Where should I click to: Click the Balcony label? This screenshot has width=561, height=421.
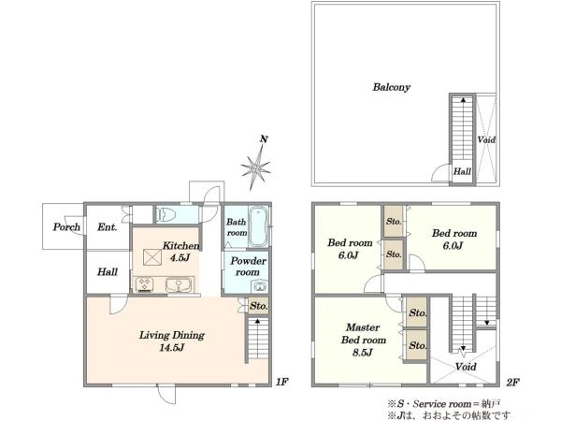coord(392,87)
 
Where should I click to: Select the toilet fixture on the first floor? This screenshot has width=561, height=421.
coord(166,214)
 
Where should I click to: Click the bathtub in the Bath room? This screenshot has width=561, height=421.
coord(258,225)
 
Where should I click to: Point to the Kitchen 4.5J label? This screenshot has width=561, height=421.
coord(180,252)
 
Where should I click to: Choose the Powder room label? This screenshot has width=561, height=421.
coord(248,267)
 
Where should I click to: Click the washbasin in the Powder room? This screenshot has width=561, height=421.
coord(259,286)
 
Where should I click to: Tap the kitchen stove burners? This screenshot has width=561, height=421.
coord(145,285)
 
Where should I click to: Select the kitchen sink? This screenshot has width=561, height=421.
coord(179,285)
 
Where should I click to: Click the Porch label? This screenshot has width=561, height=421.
coord(66,226)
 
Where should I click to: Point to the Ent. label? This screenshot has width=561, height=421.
coord(107,227)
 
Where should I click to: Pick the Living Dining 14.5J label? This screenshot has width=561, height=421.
coord(172,341)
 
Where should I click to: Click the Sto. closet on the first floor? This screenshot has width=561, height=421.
coord(259,307)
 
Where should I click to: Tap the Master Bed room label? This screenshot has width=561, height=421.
coord(363,340)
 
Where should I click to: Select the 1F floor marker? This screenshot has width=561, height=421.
coord(282,382)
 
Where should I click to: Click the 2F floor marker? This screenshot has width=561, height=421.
coord(512,382)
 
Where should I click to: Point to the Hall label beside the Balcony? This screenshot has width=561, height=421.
coord(462,171)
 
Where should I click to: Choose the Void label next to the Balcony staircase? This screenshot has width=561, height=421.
coord(486,139)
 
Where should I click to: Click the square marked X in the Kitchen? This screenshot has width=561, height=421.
coord(152,257)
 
